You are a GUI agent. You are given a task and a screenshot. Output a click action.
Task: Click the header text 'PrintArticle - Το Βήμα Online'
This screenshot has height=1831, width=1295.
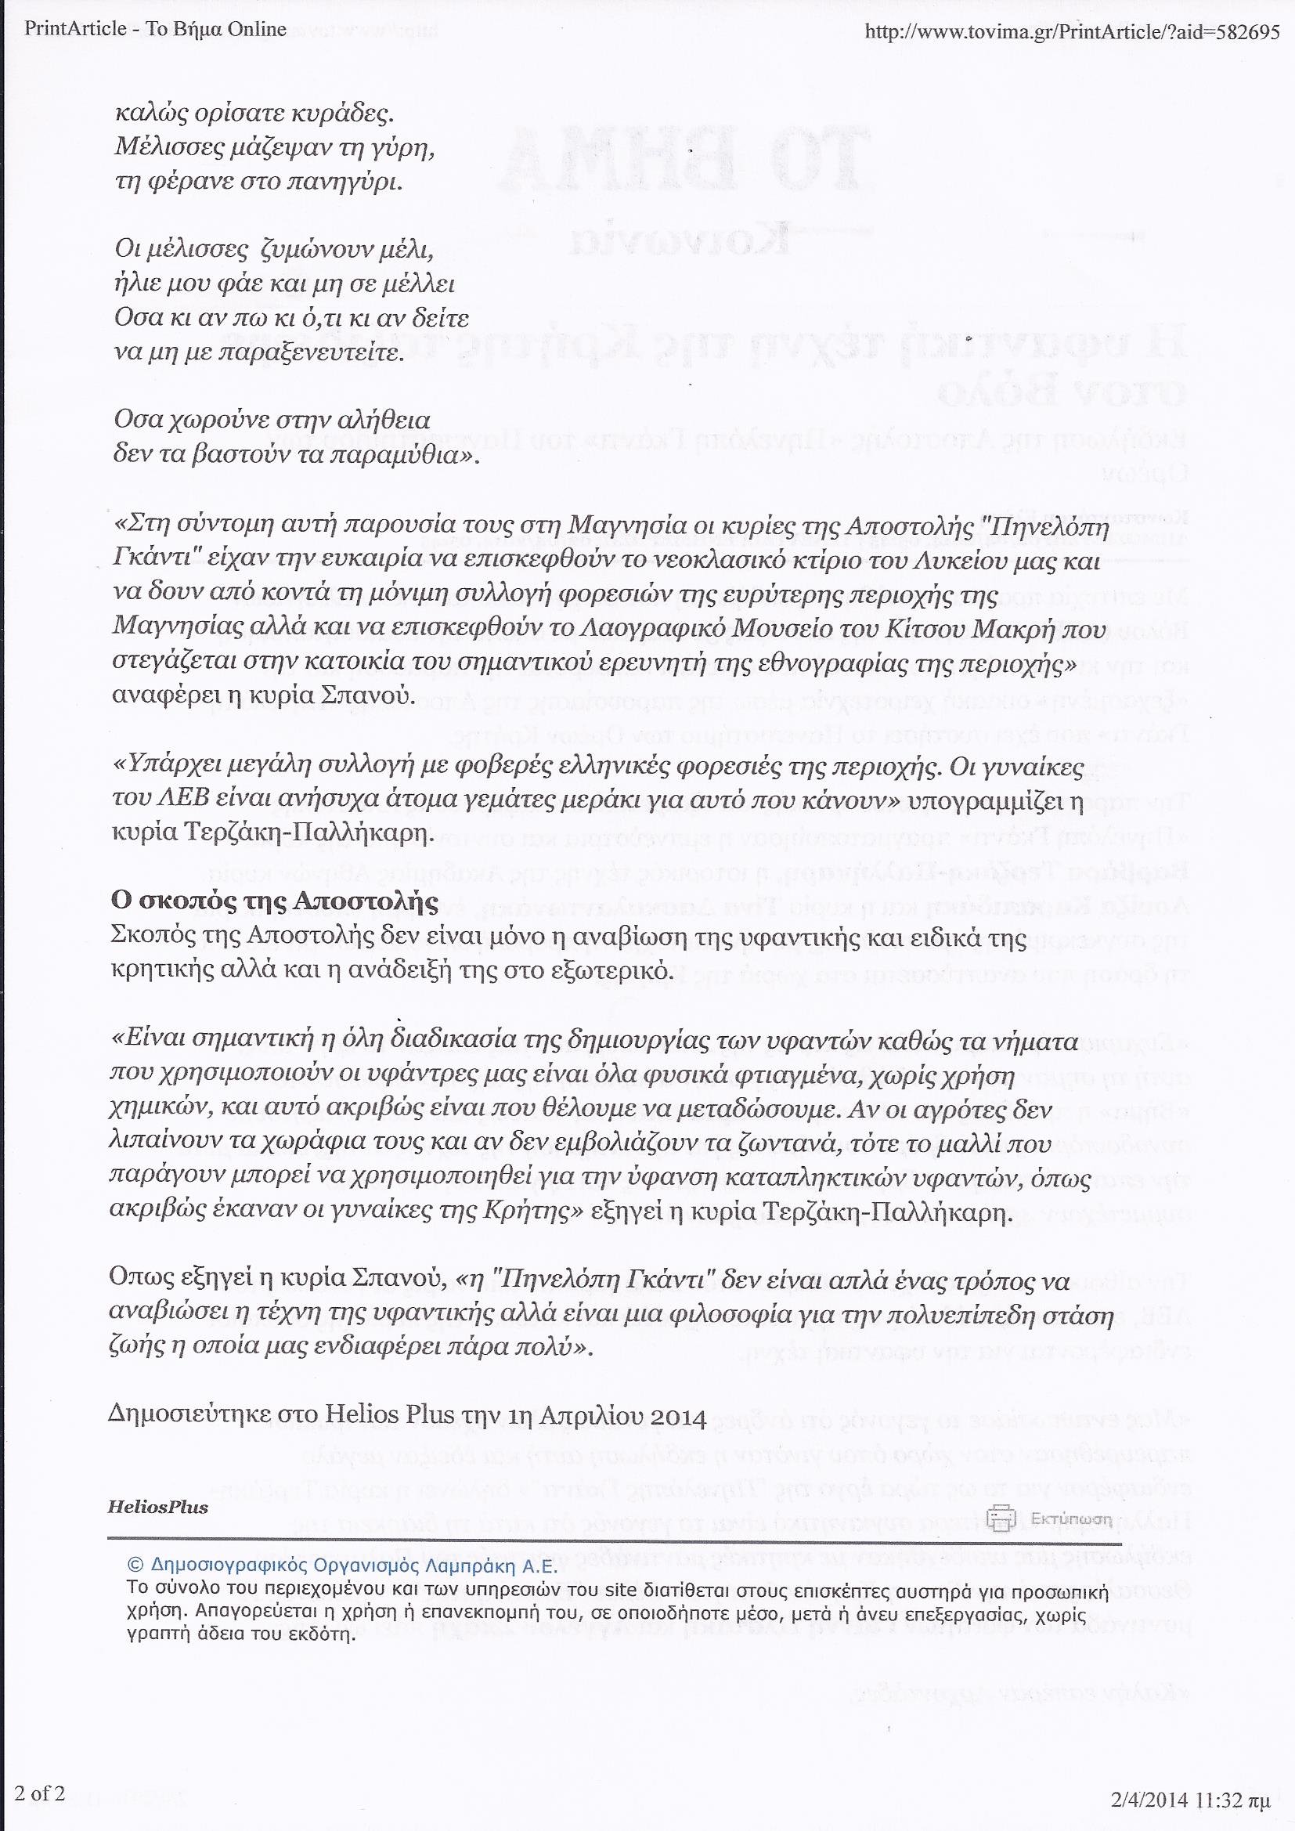click(157, 31)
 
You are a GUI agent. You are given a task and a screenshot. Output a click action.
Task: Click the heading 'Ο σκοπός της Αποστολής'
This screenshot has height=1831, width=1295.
click(274, 902)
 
